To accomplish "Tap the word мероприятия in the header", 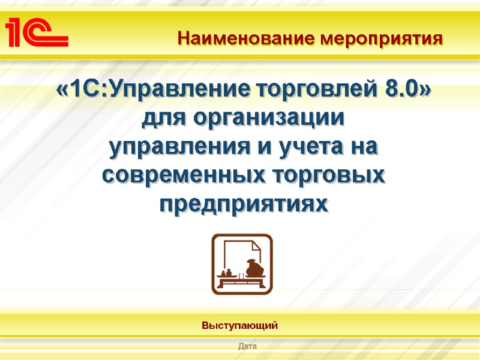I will (382, 40).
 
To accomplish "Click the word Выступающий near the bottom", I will (239, 326).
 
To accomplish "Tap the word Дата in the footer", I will (247, 346).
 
